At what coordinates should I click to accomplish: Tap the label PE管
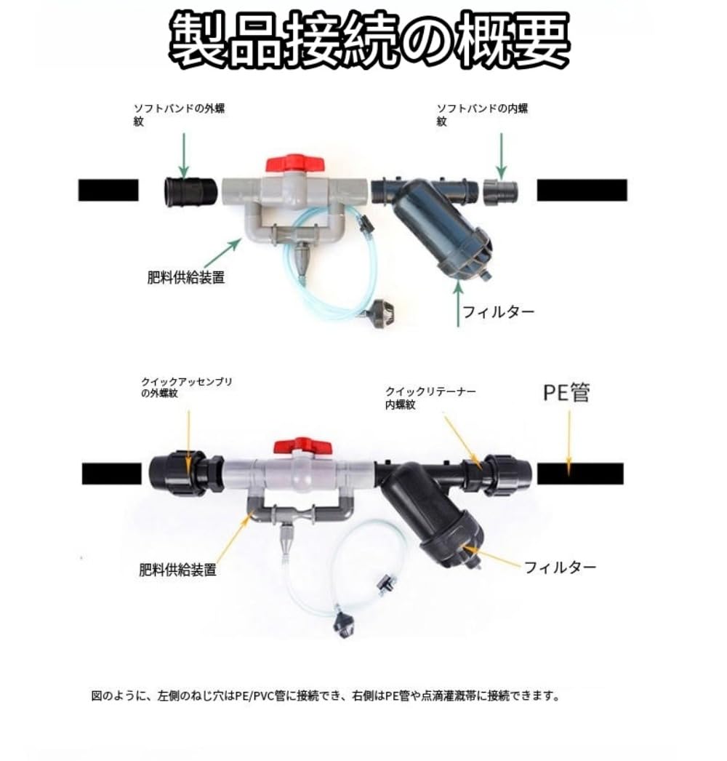coord(566,393)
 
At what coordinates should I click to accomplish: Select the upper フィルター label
coord(499,311)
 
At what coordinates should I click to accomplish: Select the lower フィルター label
coord(561,567)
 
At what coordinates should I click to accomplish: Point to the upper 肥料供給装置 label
coord(186,278)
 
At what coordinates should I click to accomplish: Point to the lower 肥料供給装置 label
coord(177,569)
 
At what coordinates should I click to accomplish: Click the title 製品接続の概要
coord(369,40)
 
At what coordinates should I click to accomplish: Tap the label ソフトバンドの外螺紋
coord(179,114)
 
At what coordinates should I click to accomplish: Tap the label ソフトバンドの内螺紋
coord(482,114)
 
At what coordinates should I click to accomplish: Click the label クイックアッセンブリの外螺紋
coord(187,387)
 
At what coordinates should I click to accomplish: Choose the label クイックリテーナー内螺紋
coord(430,397)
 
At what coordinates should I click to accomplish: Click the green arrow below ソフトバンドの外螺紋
coord(183,155)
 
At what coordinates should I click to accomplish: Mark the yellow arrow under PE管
coord(569,441)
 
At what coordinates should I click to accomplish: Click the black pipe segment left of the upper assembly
coord(108,191)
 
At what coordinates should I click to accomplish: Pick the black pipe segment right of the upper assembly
coord(582,191)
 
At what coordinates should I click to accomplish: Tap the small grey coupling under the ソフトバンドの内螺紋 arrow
coord(501,192)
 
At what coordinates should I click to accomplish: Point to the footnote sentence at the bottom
coord(326,696)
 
